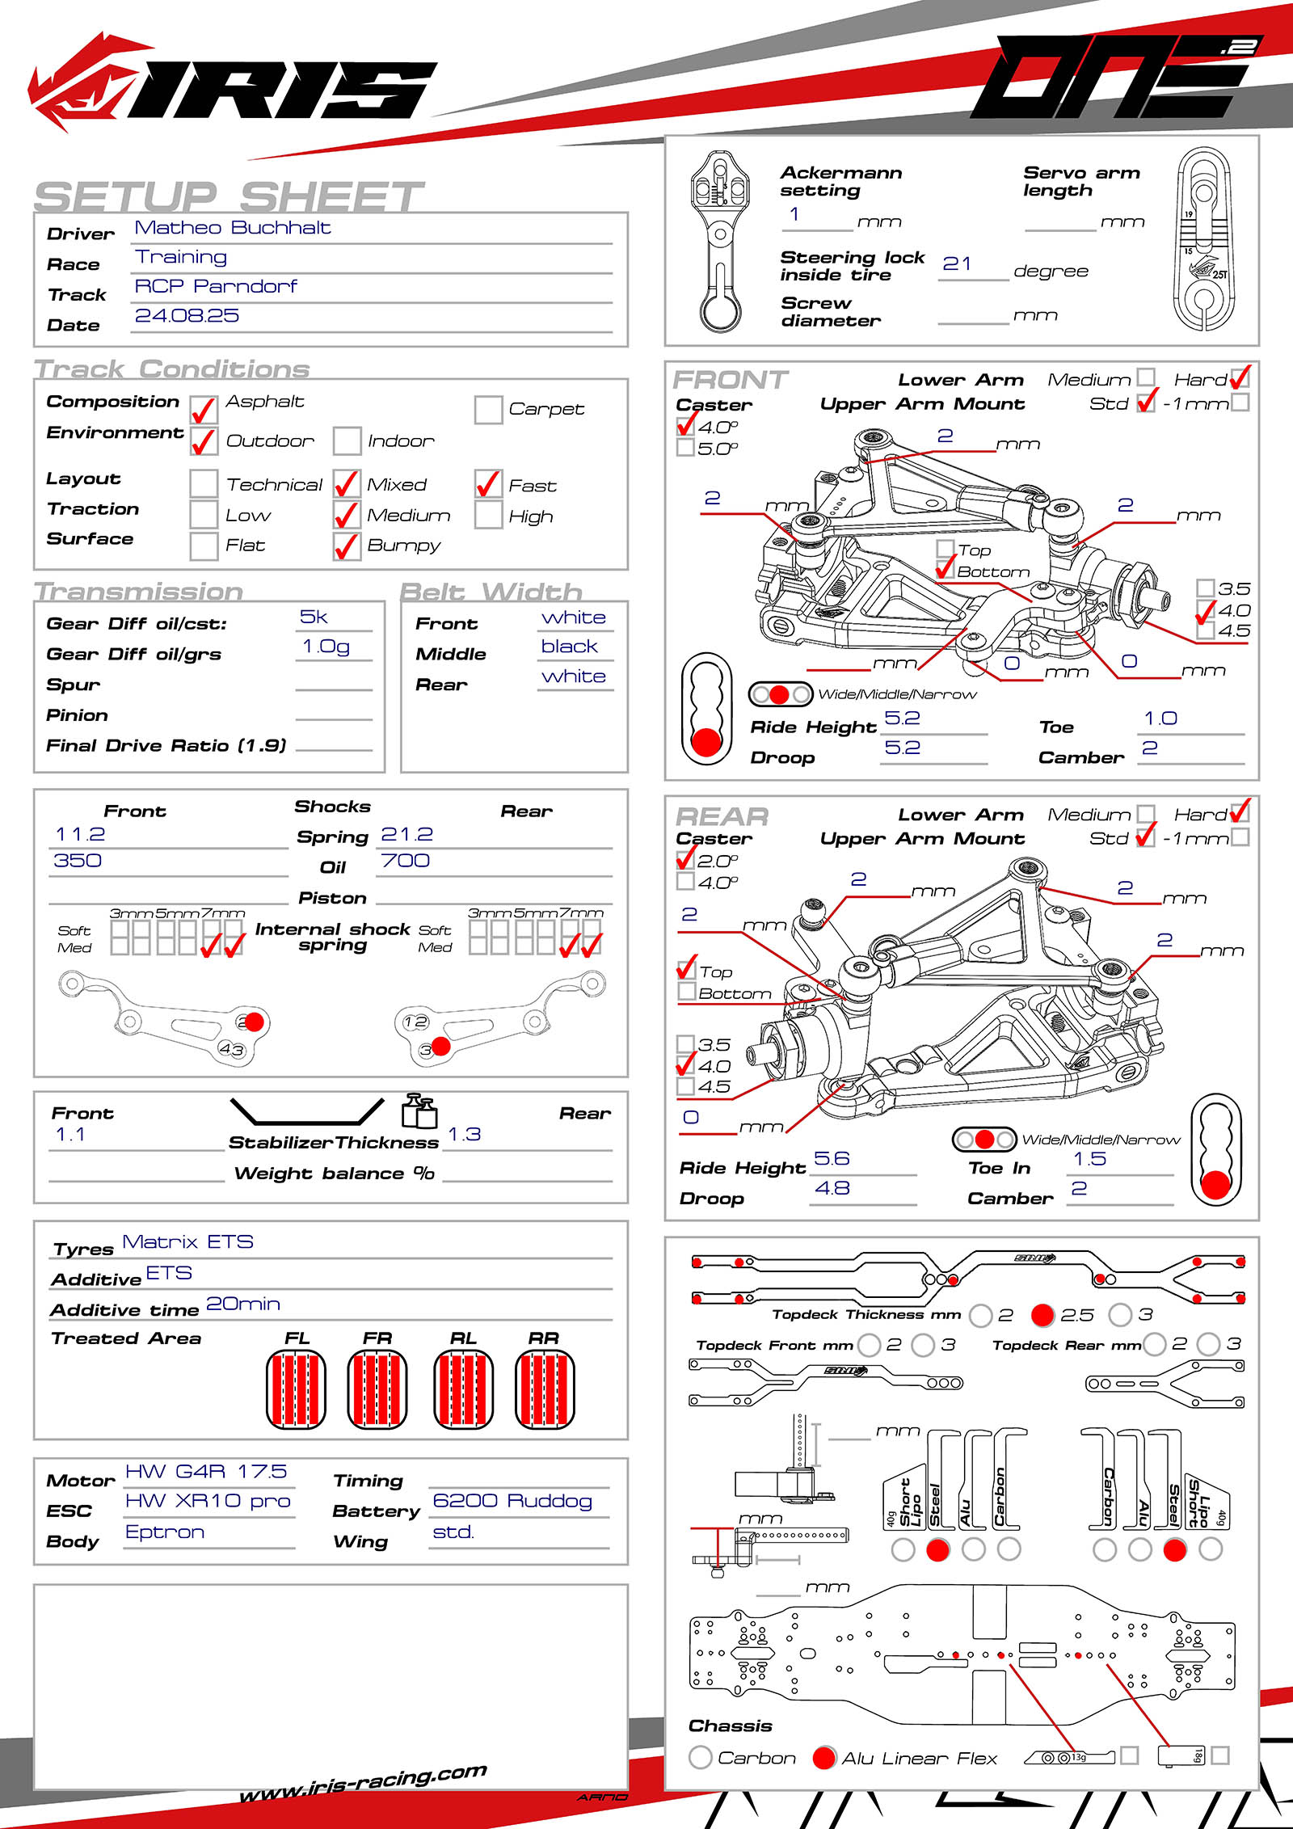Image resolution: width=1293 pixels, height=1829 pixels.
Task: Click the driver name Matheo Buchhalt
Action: [x=233, y=228]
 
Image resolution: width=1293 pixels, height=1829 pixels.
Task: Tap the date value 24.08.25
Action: [x=187, y=316]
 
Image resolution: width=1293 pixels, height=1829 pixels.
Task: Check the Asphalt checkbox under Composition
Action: [x=204, y=410]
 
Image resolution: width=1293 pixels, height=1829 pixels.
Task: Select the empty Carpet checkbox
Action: [x=488, y=410]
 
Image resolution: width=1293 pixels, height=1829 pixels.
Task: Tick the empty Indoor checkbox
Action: [x=347, y=441]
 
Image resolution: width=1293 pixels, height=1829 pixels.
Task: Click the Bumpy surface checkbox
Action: [x=347, y=546]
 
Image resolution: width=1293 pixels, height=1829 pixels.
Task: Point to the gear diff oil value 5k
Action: [x=314, y=617]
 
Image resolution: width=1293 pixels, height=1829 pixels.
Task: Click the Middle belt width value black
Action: [x=570, y=647]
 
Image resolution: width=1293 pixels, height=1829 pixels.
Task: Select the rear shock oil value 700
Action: [x=406, y=861]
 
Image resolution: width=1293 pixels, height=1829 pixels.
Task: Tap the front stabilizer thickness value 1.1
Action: [x=70, y=1135]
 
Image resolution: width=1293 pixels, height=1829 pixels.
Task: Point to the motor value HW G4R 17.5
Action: [x=206, y=1472]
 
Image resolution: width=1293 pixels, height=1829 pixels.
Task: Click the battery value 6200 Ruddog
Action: [x=512, y=1501]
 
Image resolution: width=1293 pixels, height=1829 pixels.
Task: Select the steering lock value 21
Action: [x=957, y=264]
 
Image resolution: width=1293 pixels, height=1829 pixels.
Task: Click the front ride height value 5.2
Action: [x=902, y=719]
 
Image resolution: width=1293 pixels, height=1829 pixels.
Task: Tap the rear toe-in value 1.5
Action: [x=1089, y=1159]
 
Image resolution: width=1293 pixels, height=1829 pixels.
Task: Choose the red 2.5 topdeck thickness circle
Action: [x=1042, y=1315]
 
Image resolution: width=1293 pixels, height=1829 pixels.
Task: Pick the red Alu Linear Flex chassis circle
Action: [x=823, y=1758]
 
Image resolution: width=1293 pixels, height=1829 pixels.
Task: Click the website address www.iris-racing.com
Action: [x=364, y=1781]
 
